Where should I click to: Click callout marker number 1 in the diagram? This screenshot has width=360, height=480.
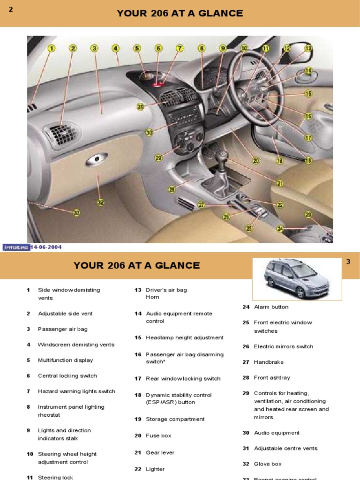51,48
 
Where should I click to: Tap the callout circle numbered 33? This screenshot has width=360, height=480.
76,212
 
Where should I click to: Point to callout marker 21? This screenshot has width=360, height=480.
280,183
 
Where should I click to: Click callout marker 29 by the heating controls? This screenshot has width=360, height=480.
158,158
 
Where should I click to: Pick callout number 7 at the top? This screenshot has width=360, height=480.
180,48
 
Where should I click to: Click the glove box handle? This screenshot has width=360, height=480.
96,159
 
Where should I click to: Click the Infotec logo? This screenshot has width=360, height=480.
16,247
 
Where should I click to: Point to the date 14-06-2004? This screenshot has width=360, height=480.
46,247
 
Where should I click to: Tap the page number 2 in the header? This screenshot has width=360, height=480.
10,9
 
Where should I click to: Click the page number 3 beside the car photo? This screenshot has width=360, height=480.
348,262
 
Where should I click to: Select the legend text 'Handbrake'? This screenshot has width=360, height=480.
269,362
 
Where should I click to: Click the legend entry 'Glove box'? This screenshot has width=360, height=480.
268,464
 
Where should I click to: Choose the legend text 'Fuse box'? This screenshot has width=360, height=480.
158,435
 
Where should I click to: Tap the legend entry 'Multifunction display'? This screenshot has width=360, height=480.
65,360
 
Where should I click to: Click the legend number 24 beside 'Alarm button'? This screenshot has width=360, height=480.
246,307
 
